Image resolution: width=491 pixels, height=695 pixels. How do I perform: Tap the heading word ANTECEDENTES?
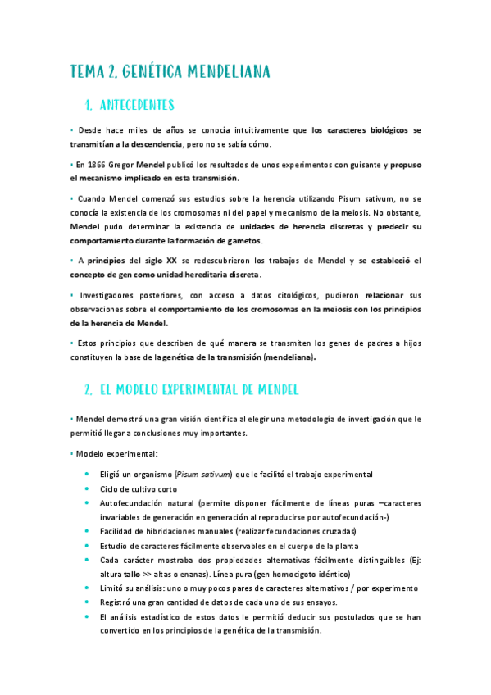pyautogui.click(x=136, y=105)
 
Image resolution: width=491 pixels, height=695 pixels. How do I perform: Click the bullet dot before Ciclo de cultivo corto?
pyautogui.click(x=88, y=489)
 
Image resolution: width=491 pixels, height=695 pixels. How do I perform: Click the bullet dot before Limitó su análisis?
pyautogui.click(x=88, y=588)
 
